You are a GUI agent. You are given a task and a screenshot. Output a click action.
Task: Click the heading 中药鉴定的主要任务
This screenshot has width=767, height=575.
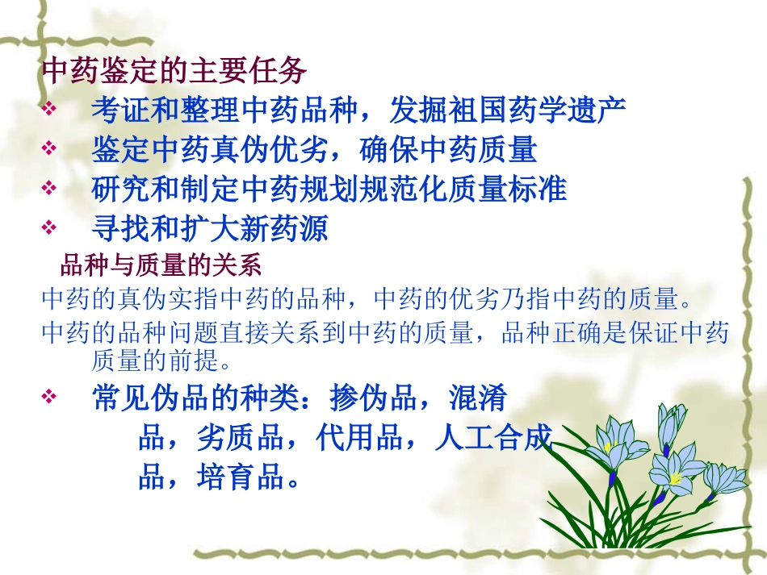coord(174,71)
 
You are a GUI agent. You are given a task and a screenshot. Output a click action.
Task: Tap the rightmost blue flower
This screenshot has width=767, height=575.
coord(724,477)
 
